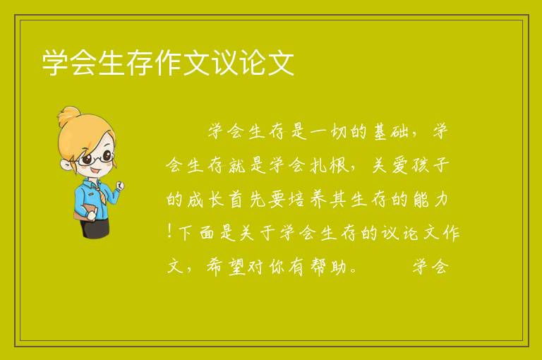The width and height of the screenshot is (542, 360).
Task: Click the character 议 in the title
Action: pyautogui.click(x=224, y=63)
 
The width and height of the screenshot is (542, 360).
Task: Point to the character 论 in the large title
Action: pyautogui.click(x=252, y=63)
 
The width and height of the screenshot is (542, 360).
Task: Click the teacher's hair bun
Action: pyautogui.click(x=70, y=115)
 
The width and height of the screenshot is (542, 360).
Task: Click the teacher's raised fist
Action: pyautogui.click(x=120, y=186)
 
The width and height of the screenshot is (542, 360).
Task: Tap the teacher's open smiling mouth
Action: pyautogui.click(x=96, y=171)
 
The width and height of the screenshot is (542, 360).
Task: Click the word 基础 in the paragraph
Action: pyautogui.click(x=390, y=131)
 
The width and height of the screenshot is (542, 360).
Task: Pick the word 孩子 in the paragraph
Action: pyautogui.click(x=430, y=165)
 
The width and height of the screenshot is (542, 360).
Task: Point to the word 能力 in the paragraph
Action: pyautogui.click(x=431, y=199)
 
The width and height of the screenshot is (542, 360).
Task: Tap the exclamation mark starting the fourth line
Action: pyautogui.click(x=169, y=232)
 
